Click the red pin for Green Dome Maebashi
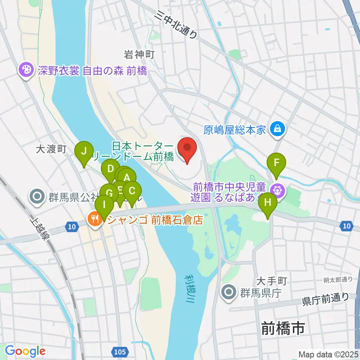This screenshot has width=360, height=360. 187,149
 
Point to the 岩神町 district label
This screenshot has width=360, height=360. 139,55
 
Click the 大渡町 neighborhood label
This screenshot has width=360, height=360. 51,150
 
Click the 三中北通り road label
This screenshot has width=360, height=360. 177,25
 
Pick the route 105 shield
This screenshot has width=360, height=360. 120,352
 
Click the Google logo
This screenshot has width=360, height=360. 25,351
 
